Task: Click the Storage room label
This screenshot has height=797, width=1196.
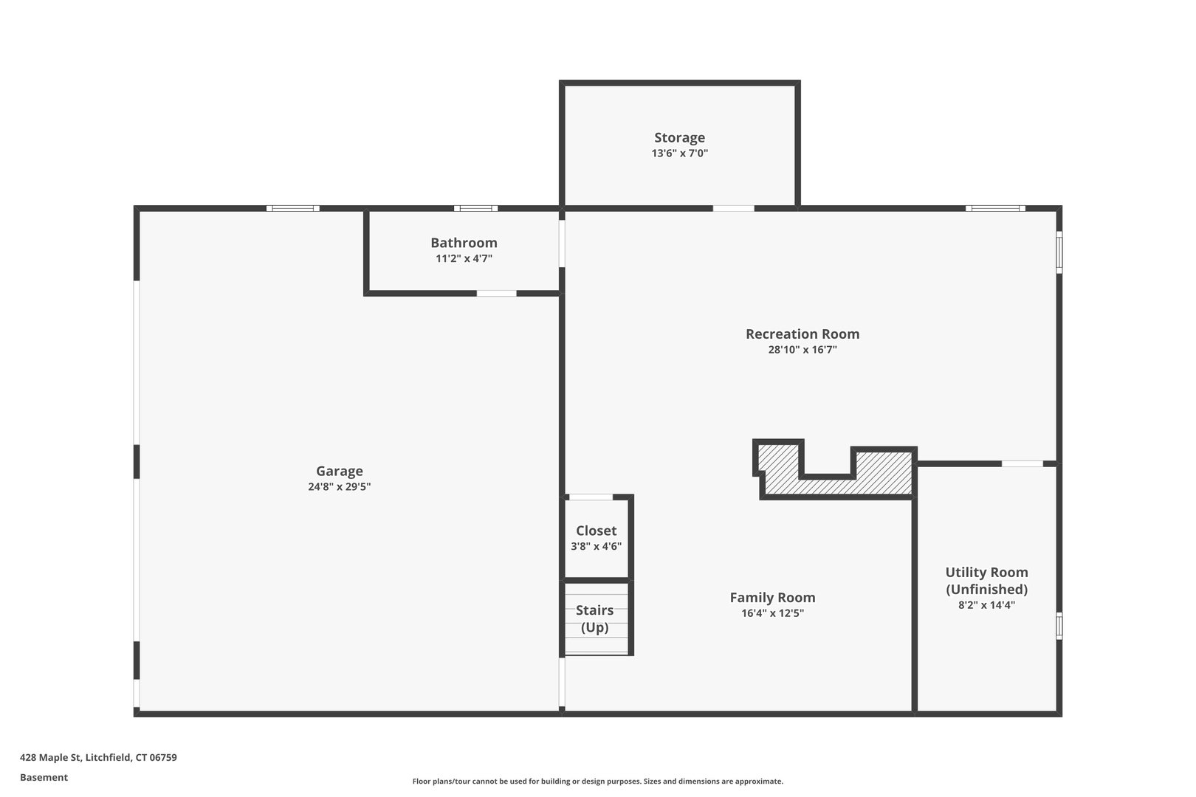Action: (679, 137)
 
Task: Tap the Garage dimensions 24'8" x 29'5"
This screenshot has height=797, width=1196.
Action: (339, 487)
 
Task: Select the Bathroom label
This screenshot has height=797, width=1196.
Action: (464, 243)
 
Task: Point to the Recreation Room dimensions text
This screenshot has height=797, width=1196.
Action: (803, 350)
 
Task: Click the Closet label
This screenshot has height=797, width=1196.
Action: (596, 531)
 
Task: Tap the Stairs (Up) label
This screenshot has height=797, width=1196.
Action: (594, 618)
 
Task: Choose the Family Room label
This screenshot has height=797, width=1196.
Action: (772, 598)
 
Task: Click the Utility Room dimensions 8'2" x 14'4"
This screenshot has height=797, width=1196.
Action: (986, 605)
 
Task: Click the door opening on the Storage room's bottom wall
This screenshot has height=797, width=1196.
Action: (733, 209)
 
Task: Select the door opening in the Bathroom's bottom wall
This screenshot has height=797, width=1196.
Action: (496, 294)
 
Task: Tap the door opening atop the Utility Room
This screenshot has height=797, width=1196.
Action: (1022, 463)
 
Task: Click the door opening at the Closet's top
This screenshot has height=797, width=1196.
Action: (591, 497)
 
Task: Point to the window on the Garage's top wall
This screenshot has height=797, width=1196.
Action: (293, 209)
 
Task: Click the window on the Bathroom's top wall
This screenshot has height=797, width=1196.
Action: (475, 209)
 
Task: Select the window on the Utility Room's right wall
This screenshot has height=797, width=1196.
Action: (1059, 625)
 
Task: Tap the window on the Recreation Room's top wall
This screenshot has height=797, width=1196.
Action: (995, 209)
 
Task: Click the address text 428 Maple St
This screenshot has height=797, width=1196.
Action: (98, 757)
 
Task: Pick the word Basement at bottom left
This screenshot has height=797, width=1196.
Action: (44, 777)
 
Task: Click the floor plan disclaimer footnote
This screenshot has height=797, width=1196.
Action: (597, 781)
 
